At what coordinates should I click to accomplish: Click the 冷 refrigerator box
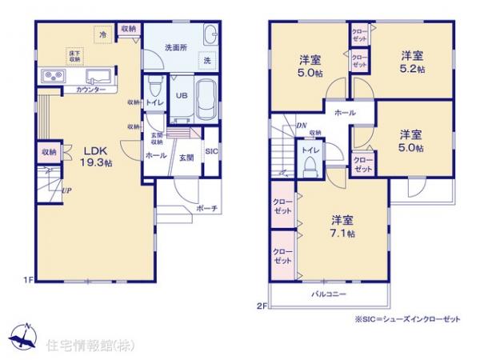coord(103,36)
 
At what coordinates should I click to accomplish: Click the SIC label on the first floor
coord(210,151)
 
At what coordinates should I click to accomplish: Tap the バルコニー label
coord(327,294)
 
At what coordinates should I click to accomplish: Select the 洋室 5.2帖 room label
coord(413,62)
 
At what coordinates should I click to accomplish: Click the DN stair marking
coord(302,125)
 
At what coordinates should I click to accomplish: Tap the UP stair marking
coord(67,190)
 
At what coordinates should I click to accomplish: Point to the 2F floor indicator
coord(261,304)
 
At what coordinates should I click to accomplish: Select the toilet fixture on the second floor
coord(310,166)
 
